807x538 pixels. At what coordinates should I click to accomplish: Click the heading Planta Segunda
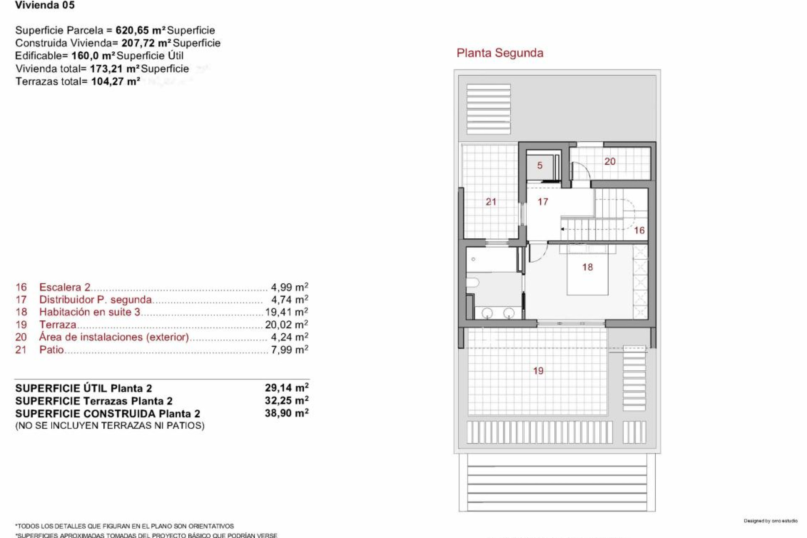tap(500, 53)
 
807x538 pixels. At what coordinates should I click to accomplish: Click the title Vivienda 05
tap(45, 5)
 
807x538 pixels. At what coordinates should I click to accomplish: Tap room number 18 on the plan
tap(587, 267)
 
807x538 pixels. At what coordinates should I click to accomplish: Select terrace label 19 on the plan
tap(538, 371)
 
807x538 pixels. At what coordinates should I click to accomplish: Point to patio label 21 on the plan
tap(491, 202)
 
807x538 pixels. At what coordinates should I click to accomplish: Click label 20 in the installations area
tap(609, 161)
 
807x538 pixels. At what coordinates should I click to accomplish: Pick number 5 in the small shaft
tap(540, 166)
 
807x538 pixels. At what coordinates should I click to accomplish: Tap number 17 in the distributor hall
tap(543, 202)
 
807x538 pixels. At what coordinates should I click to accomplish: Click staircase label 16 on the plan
tap(639, 230)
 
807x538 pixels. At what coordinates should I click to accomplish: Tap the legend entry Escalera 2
tap(65, 287)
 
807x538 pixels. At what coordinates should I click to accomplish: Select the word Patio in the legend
tap(51, 350)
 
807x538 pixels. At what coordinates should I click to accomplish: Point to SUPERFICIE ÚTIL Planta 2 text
tap(84, 388)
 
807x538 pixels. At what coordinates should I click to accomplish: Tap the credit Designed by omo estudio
tap(770, 521)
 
